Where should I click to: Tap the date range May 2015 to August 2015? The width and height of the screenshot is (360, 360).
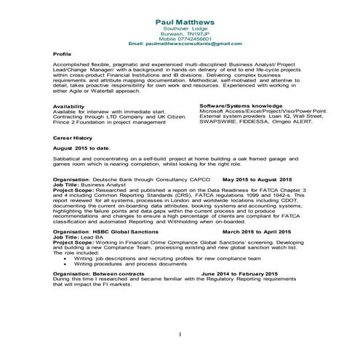257,178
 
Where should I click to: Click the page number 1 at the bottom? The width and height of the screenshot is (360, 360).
179,334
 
